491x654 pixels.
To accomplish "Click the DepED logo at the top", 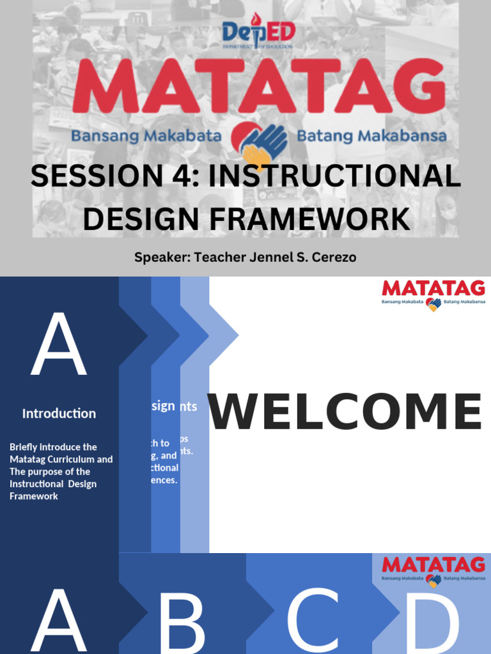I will pos(258,35).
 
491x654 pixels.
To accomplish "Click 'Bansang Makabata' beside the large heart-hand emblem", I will pos(146,136).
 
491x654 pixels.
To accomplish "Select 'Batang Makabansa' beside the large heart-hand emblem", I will pos(371,136).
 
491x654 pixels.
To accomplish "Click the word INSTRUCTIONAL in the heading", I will pos(334,177).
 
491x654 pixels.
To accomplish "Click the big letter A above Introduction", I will pos(58,346).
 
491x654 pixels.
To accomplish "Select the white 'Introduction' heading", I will pos(59,413).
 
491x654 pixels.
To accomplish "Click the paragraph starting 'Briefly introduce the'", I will pos(61,471).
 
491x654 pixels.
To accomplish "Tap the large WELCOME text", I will pos(345,412).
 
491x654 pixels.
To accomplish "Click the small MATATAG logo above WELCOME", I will pos(433,294).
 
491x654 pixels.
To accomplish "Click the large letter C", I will pos(312,623).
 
